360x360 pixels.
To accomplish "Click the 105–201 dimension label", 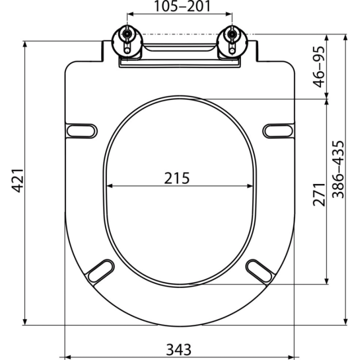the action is click(182, 6).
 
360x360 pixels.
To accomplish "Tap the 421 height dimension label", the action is click(17, 180).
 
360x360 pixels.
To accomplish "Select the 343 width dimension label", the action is click(178, 349).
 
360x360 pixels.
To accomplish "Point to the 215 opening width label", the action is click(177, 178).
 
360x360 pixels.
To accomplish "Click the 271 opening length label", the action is click(319, 194).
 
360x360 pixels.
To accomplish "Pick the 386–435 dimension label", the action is click(338, 169).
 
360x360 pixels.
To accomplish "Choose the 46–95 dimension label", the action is click(319, 67).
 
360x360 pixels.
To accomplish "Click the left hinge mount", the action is click(127, 41).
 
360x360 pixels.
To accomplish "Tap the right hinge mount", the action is click(232, 41).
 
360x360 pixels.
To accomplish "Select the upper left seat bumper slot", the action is click(81, 131).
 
